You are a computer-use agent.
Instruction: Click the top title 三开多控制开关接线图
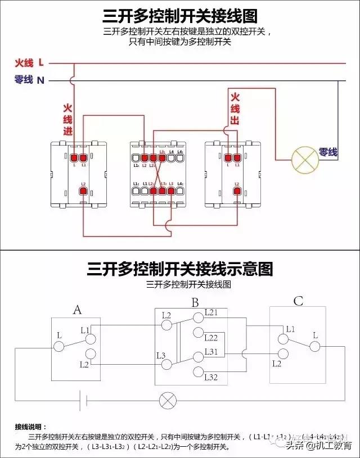pyautogui.click(x=180, y=15)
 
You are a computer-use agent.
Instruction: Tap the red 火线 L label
pyautogui.click(x=29, y=63)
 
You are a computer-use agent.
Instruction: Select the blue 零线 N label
pyautogui.click(x=29, y=80)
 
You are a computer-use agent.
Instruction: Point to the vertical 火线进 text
pyautogui.click(x=67, y=119)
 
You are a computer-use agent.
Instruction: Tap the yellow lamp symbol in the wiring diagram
pyautogui.click(x=303, y=160)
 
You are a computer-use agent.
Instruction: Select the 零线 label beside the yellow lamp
pyautogui.click(x=328, y=152)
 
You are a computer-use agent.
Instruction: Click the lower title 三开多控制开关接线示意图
pyautogui.click(x=180, y=269)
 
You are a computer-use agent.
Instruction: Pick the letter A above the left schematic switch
pyautogui.click(x=78, y=309)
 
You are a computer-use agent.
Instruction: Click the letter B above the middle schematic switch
pyautogui.click(x=195, y=303)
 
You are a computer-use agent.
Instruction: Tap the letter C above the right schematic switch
pyautogui.click(x=298, y=301)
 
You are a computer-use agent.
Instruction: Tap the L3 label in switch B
pyautogui.click(x=161, y=355)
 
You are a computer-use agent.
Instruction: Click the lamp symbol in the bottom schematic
pyautogui.click(x=168, y=401)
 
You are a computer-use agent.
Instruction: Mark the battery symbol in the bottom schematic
pyautogui.click(x=83, y=401)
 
